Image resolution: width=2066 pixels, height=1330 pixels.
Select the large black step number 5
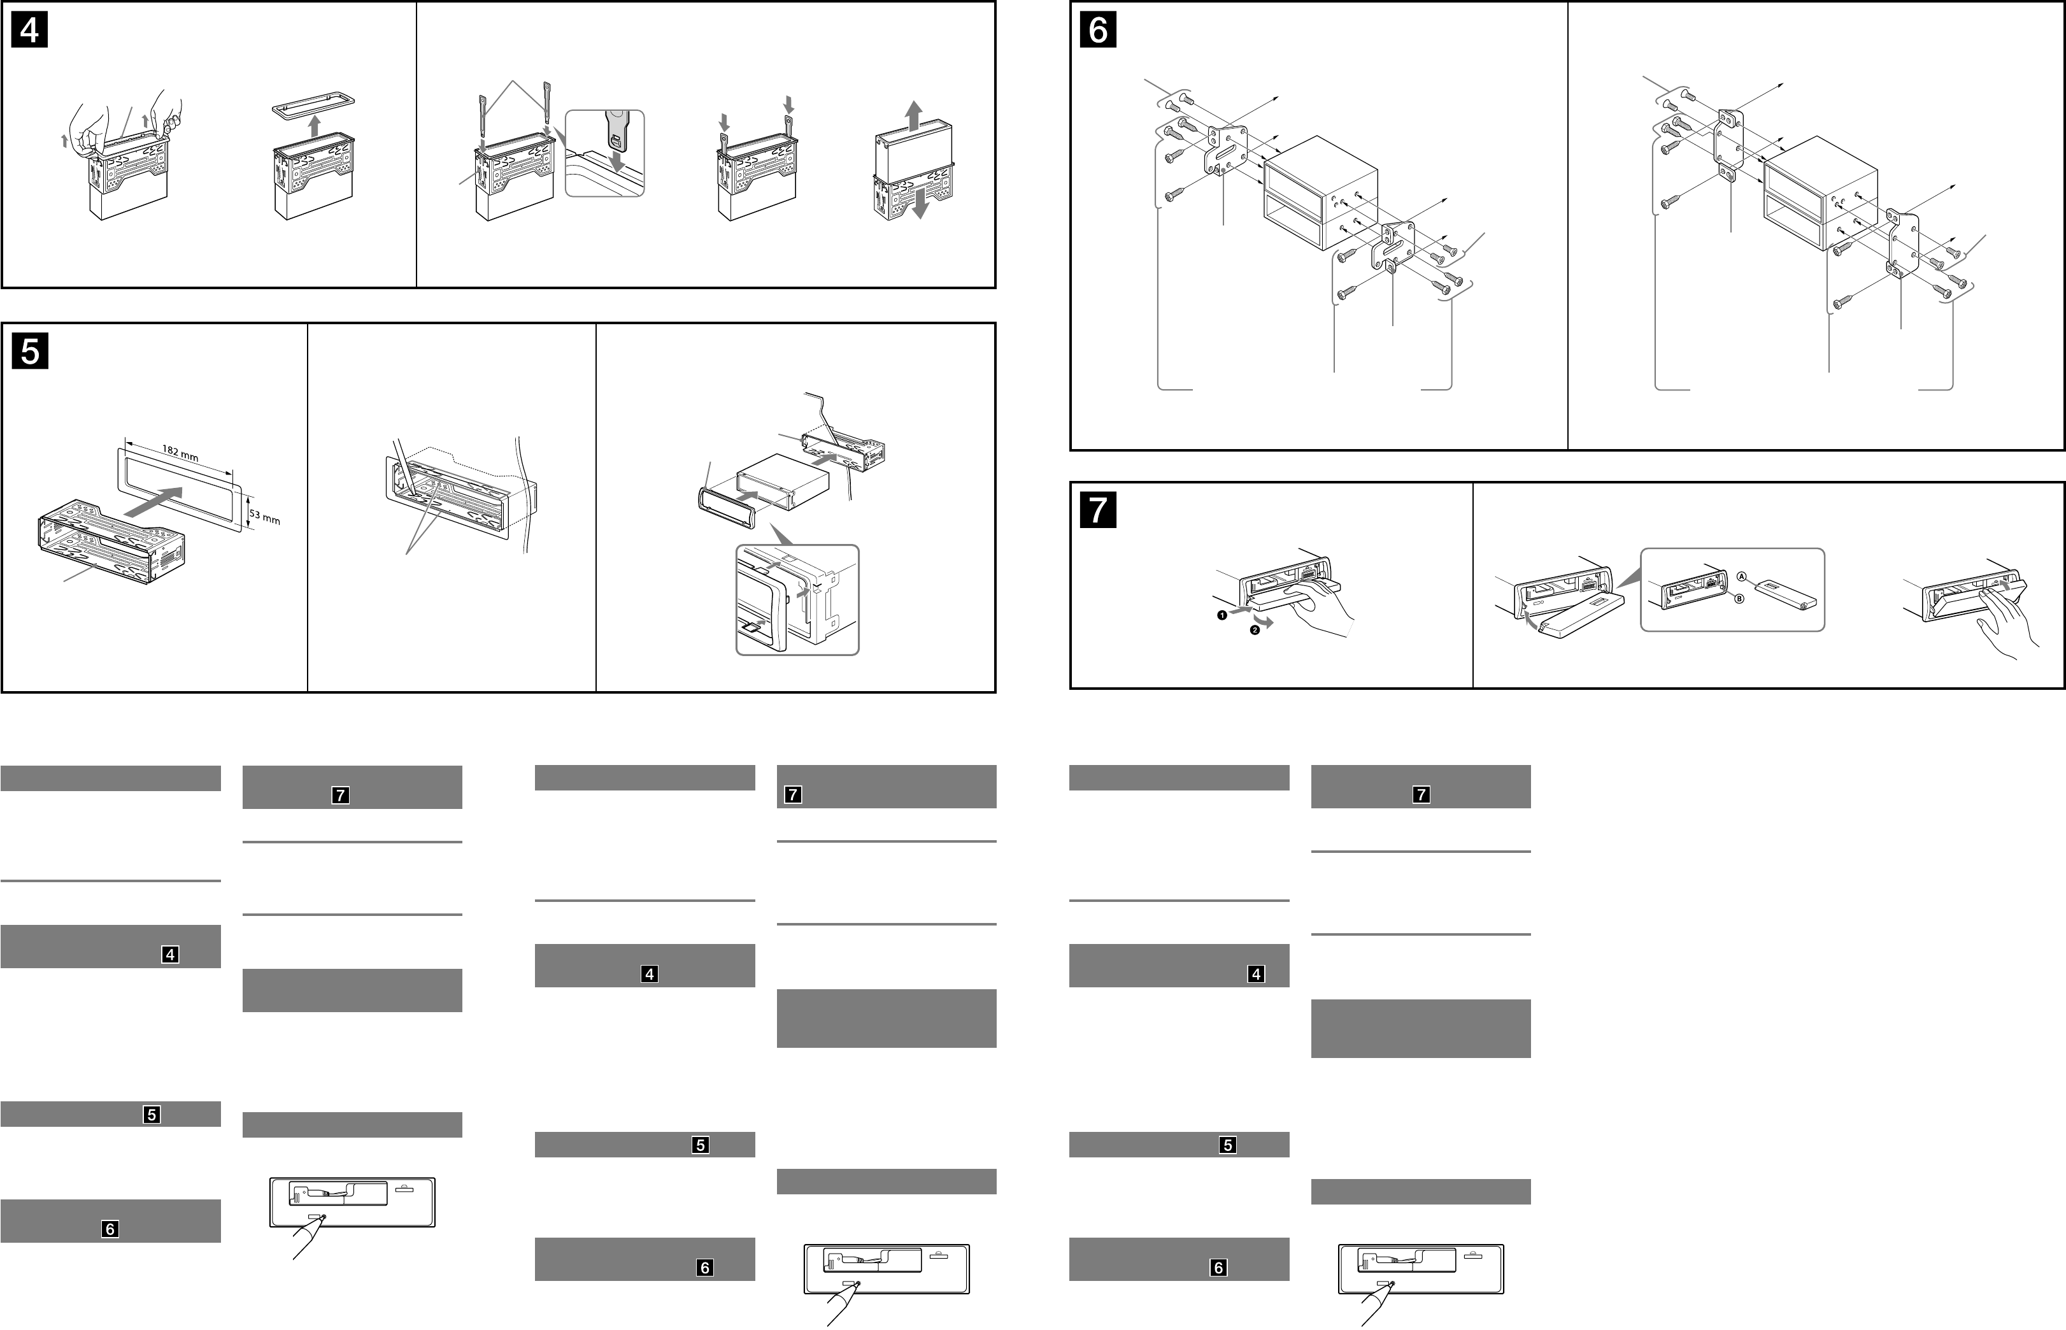(x=29, y=352)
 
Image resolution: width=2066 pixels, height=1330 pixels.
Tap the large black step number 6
(x=1097, y=30)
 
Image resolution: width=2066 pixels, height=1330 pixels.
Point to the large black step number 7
(x=1097, y=510)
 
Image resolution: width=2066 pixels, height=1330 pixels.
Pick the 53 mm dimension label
(x=265, y=517)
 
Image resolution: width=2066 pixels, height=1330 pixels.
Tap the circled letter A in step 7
(x=1741, y=577)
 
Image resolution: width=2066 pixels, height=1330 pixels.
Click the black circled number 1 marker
(x=1222, y=615)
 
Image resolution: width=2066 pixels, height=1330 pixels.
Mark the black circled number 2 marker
(x=1255, y=631)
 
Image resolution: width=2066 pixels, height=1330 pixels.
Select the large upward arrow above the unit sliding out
(x=913, y=114)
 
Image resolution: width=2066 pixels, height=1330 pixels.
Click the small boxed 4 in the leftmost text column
(x=170, y=954)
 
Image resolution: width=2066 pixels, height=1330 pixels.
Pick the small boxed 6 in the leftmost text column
(x=110, y=1229)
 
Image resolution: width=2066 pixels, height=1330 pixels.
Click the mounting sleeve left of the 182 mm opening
(x=108, y=548)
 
